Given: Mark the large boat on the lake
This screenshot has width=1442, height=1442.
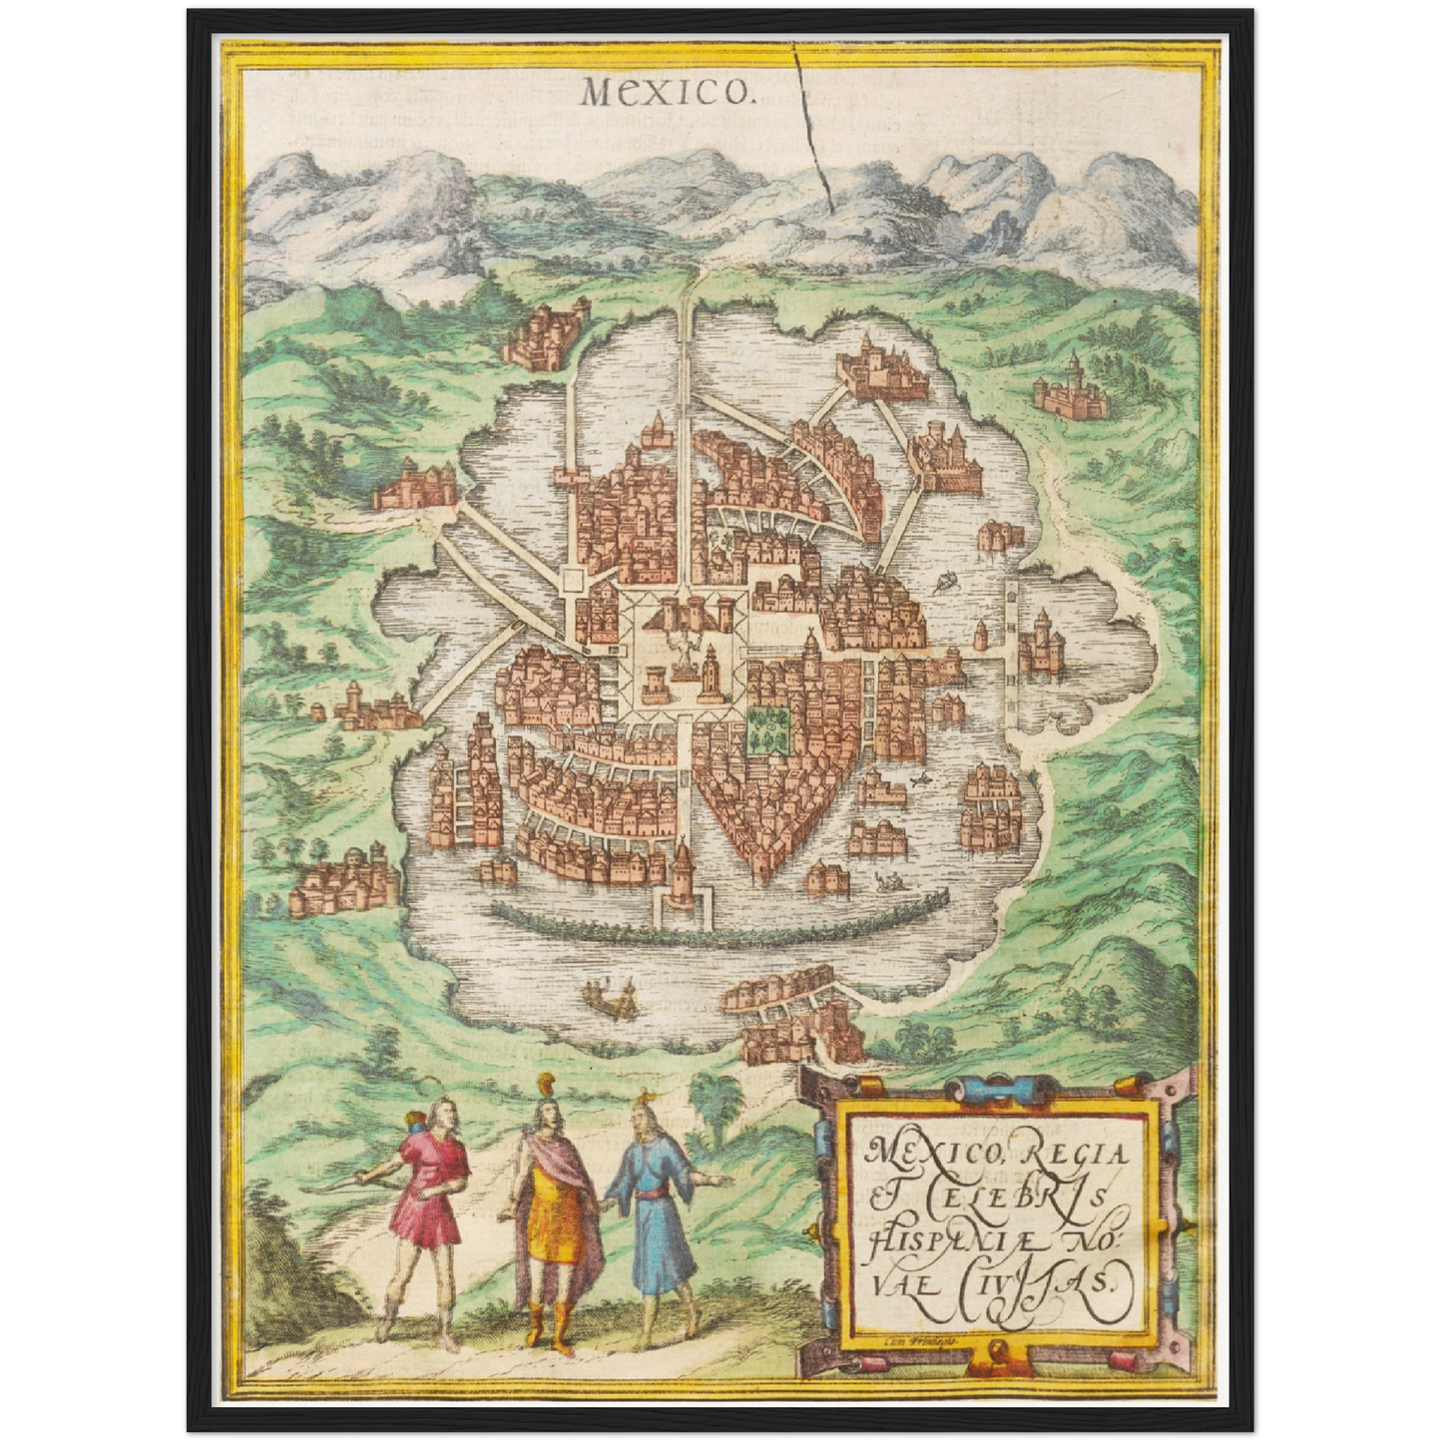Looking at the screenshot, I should point(610,996).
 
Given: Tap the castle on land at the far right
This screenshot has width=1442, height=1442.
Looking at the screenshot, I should point(1072,389).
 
